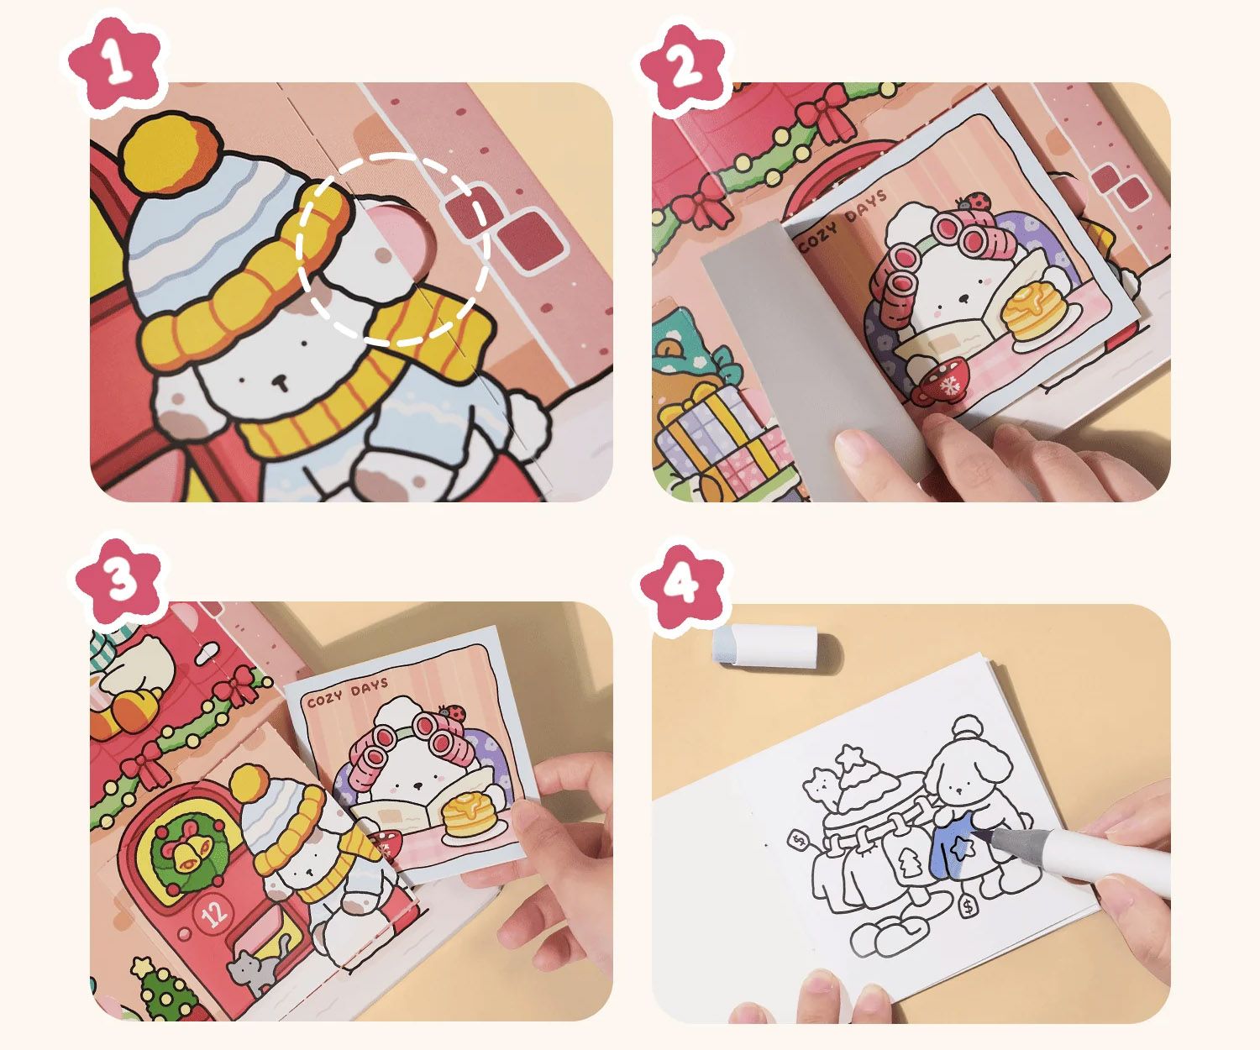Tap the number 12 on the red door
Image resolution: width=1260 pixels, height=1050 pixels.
pyautogui.click(x=214, y=914)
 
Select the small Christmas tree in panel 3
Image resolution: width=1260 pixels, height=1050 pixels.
pyautogui.click(x=162, y=988)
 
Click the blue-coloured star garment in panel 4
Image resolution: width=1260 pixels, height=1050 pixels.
pyautogui.click(x=957, y=846)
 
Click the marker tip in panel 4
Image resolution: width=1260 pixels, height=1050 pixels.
pyautogui.click(x=975, y=833)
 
